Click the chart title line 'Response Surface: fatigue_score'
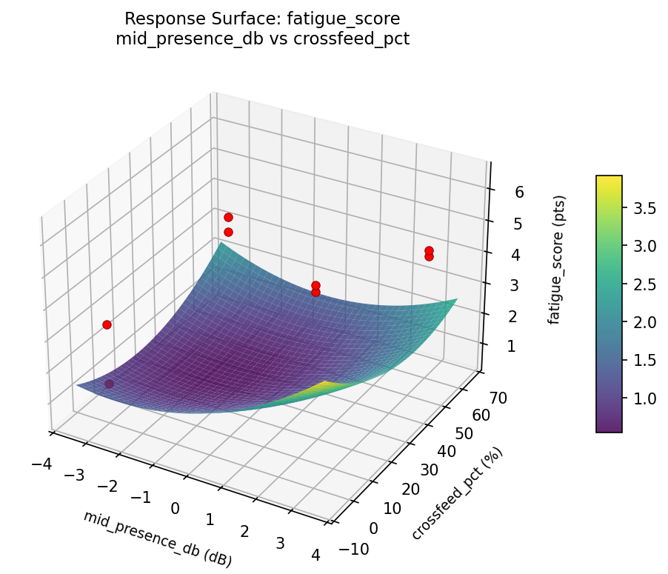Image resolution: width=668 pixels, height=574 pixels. coord(262,19)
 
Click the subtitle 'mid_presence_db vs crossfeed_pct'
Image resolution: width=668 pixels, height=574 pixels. coord(262,39)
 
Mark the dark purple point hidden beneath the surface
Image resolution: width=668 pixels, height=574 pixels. coord(110,384)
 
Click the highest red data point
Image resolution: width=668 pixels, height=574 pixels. coord(228,217)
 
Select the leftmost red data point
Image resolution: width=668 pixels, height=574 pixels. coord(107,324)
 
